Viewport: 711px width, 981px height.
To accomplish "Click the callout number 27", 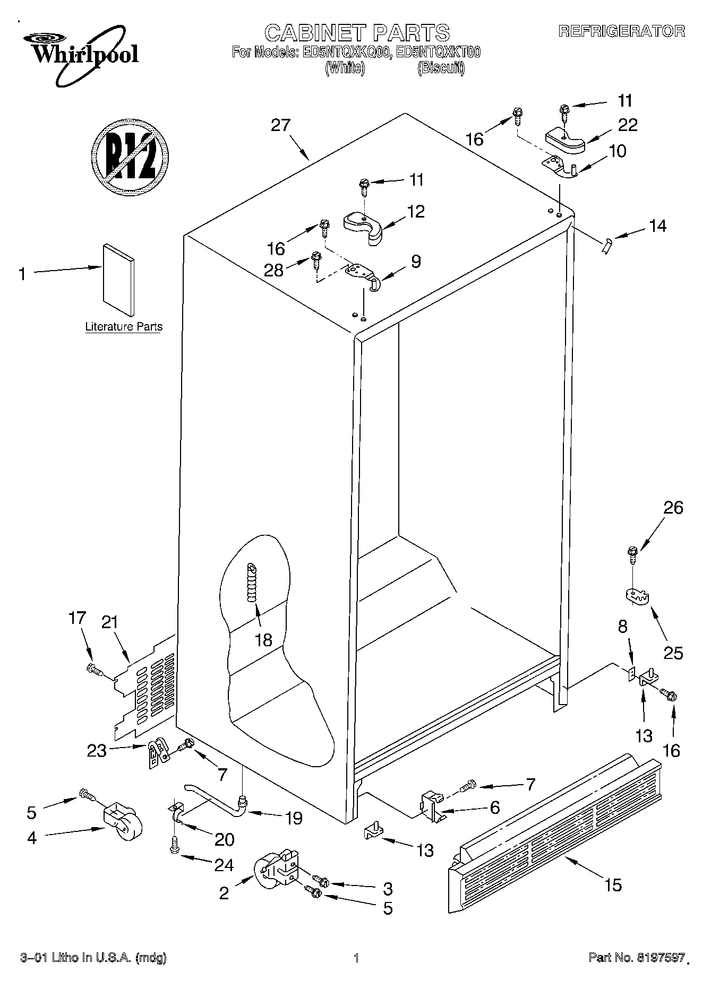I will click(x=281, y=125).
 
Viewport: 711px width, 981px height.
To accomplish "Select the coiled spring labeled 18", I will click(x=252, y=583).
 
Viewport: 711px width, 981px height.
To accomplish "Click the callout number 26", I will click(x=673, y=508).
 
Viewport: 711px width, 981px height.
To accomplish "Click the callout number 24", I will click(x=224, y=865).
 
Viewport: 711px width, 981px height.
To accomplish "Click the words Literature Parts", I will click(x=124, y=327).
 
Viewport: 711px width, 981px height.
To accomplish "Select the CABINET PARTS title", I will click(x=357, y=33).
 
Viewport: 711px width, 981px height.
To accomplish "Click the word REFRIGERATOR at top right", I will click(x=621, y=31).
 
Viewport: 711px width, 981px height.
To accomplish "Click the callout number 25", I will click(x=673, y=653).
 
